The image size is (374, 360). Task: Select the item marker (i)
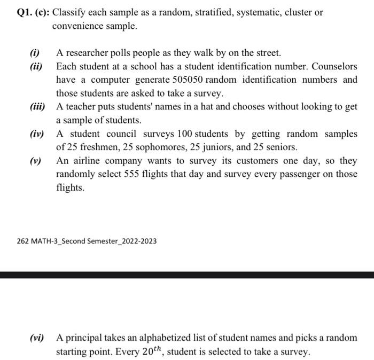[35, 53]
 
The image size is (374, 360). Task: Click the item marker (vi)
[37, 338]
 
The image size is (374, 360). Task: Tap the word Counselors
[334, 66]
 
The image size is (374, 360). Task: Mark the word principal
[84, 338]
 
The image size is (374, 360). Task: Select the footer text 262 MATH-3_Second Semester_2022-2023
[87, 241]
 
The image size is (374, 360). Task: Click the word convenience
[77, 25]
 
